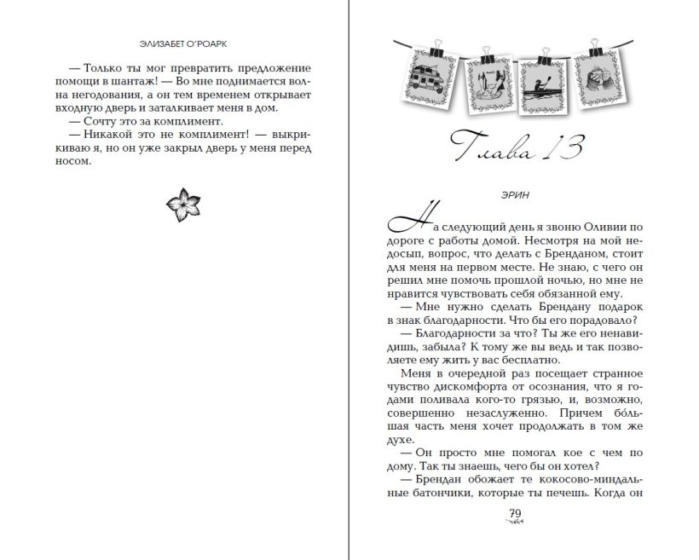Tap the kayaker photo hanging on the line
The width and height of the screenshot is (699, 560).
(540, 85)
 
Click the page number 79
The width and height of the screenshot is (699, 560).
(514, 512)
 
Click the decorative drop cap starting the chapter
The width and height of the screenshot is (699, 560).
(405, 226)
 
